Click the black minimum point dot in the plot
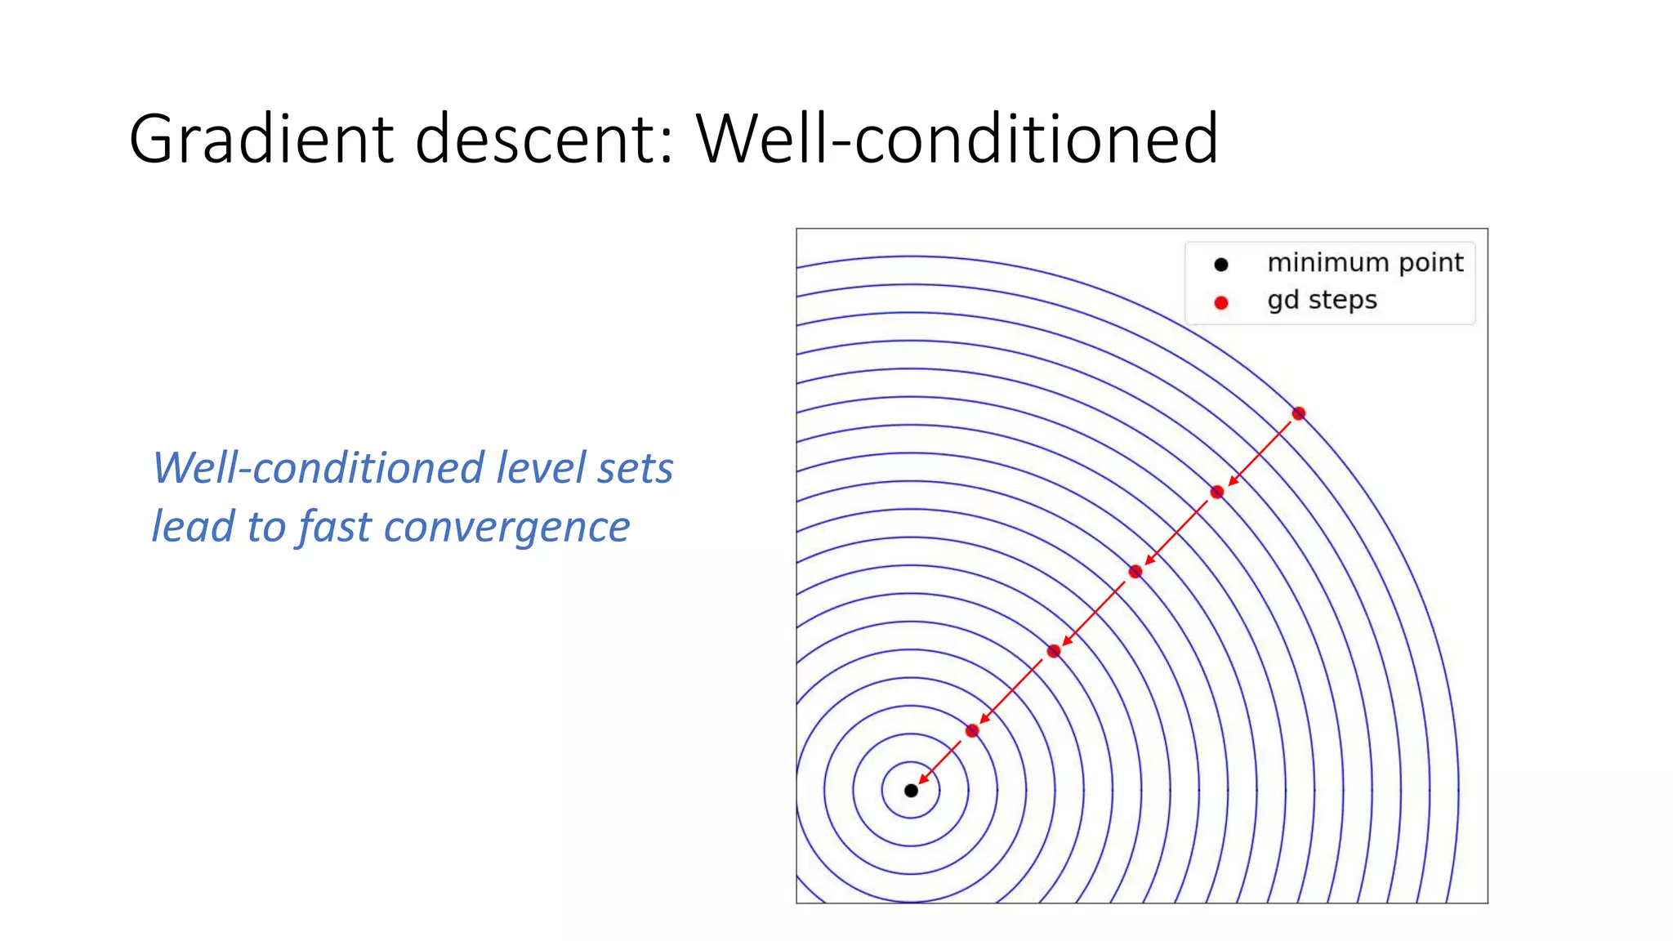(x=911, y=790)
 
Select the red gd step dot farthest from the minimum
(x=1299, y=413)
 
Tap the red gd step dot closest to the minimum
(x=972, y=730)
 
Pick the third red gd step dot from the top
(x=1135, y=572)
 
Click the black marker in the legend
(x=1221, y=265)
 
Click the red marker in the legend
(x=1221, y=303)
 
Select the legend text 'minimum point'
(x=1365, y=263)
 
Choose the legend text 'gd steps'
(x=1322, y=301)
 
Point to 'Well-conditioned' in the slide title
(x=957, y=139)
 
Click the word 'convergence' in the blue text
(x=506, y=527)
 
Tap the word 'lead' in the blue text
(x=194, y=527)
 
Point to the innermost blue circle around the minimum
(x=939, y=790)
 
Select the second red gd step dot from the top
(x=1217, y=492)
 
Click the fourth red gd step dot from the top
(x=1054, y=651)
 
